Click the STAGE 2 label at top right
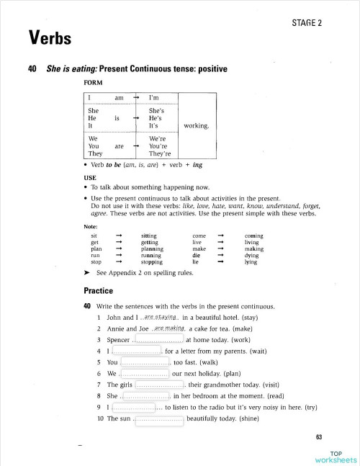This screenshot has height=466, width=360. click(306, 23)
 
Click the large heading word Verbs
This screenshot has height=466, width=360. click(50, 37)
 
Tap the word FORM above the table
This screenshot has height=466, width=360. click(94, 82)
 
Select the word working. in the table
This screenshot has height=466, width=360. click(197, 125)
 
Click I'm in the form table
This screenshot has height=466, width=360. click(153, 97)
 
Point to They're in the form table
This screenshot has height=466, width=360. click(159, 153)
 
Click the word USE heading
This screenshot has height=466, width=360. click(90, 177)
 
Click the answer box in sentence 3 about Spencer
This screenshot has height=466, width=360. click(158, 339)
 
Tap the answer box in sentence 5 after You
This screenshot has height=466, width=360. click(145, 362)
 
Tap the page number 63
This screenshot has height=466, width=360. click(320, 437)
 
